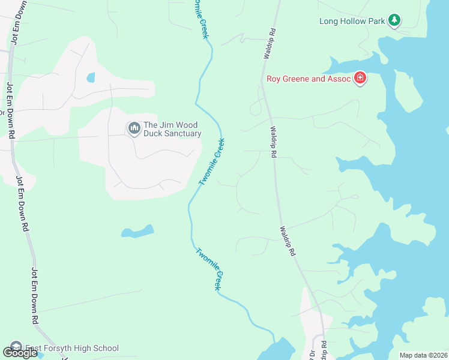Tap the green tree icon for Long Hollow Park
[x=394, y=21]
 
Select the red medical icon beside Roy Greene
[x=360, y=79]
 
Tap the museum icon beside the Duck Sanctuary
[x=133, y=128]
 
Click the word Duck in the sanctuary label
[x=154, y=134]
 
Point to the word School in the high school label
[x=106, y=348]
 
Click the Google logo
[x=20, y=352]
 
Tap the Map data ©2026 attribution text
[x=423, y=355]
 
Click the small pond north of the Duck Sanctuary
[x=91, y=77]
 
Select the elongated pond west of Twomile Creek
[x=137, y=231]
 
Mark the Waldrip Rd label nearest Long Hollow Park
[x=270, y=43]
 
